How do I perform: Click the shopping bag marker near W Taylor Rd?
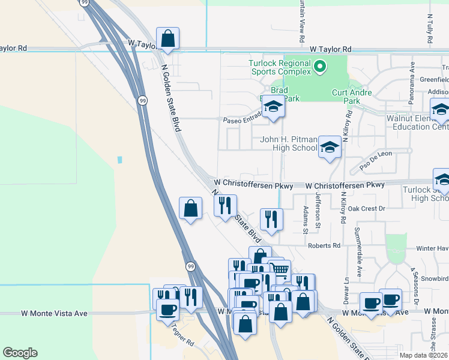coord(168,38)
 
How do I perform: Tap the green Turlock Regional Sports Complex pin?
coord(320,67)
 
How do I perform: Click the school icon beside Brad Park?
coord(273,108)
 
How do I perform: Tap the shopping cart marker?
coord(279,271)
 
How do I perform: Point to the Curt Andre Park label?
coord(352,97)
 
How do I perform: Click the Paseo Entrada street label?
coord(243,119)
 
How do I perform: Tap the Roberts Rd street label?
coord(324,245)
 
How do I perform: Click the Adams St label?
coord(306,220)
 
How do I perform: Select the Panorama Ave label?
coord(412,77)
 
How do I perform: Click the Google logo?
coord(20,353)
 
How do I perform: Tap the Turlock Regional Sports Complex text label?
coord(280,67)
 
